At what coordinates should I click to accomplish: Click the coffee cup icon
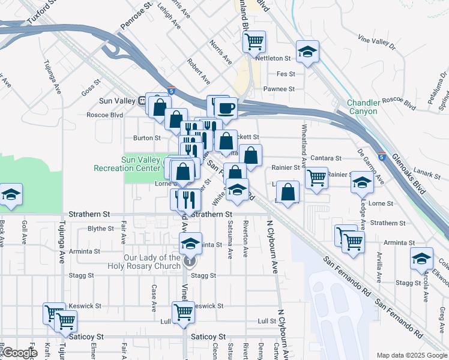(x=226, y=108)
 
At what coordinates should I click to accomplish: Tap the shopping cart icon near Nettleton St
(x=255, y=41)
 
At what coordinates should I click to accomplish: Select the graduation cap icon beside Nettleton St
(x=307, y=52)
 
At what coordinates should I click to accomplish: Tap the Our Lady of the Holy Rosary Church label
(x=152, y=262)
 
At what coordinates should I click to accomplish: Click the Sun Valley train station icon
(x=146, y=100)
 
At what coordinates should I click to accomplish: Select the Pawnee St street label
(x=279, y=89)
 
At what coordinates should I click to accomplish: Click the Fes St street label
(x=286, y=74)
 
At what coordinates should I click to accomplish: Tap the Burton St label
(x=146, y=138)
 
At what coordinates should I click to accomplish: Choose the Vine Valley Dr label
(x=377, y=42)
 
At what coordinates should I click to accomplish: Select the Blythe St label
(x=101, y=229)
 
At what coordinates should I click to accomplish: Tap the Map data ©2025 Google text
(x=412, y=355)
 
